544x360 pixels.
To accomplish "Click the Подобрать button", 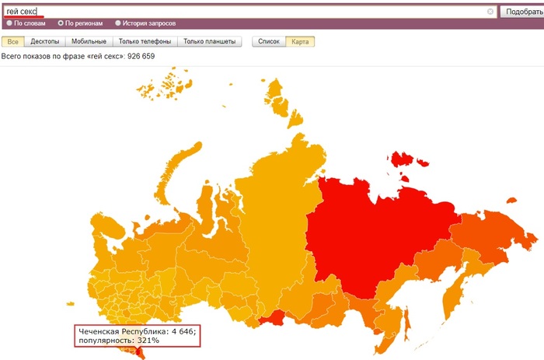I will point(521,12).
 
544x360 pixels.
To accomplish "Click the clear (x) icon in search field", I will point(490,12).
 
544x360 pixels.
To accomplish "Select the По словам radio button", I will point(9,23).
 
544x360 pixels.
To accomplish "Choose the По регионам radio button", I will point(61,23).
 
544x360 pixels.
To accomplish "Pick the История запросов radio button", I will point(118,23).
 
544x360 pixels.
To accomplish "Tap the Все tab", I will point(12,41).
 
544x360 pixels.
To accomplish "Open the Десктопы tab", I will point(44,41).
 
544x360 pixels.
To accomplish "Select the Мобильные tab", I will point(89,41).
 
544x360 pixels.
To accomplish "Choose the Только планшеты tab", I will point(210,41).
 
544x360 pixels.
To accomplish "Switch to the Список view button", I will point(268,41).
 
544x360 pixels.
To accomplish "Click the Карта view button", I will point(300,41).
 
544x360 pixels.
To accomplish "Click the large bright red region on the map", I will point(365,233).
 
